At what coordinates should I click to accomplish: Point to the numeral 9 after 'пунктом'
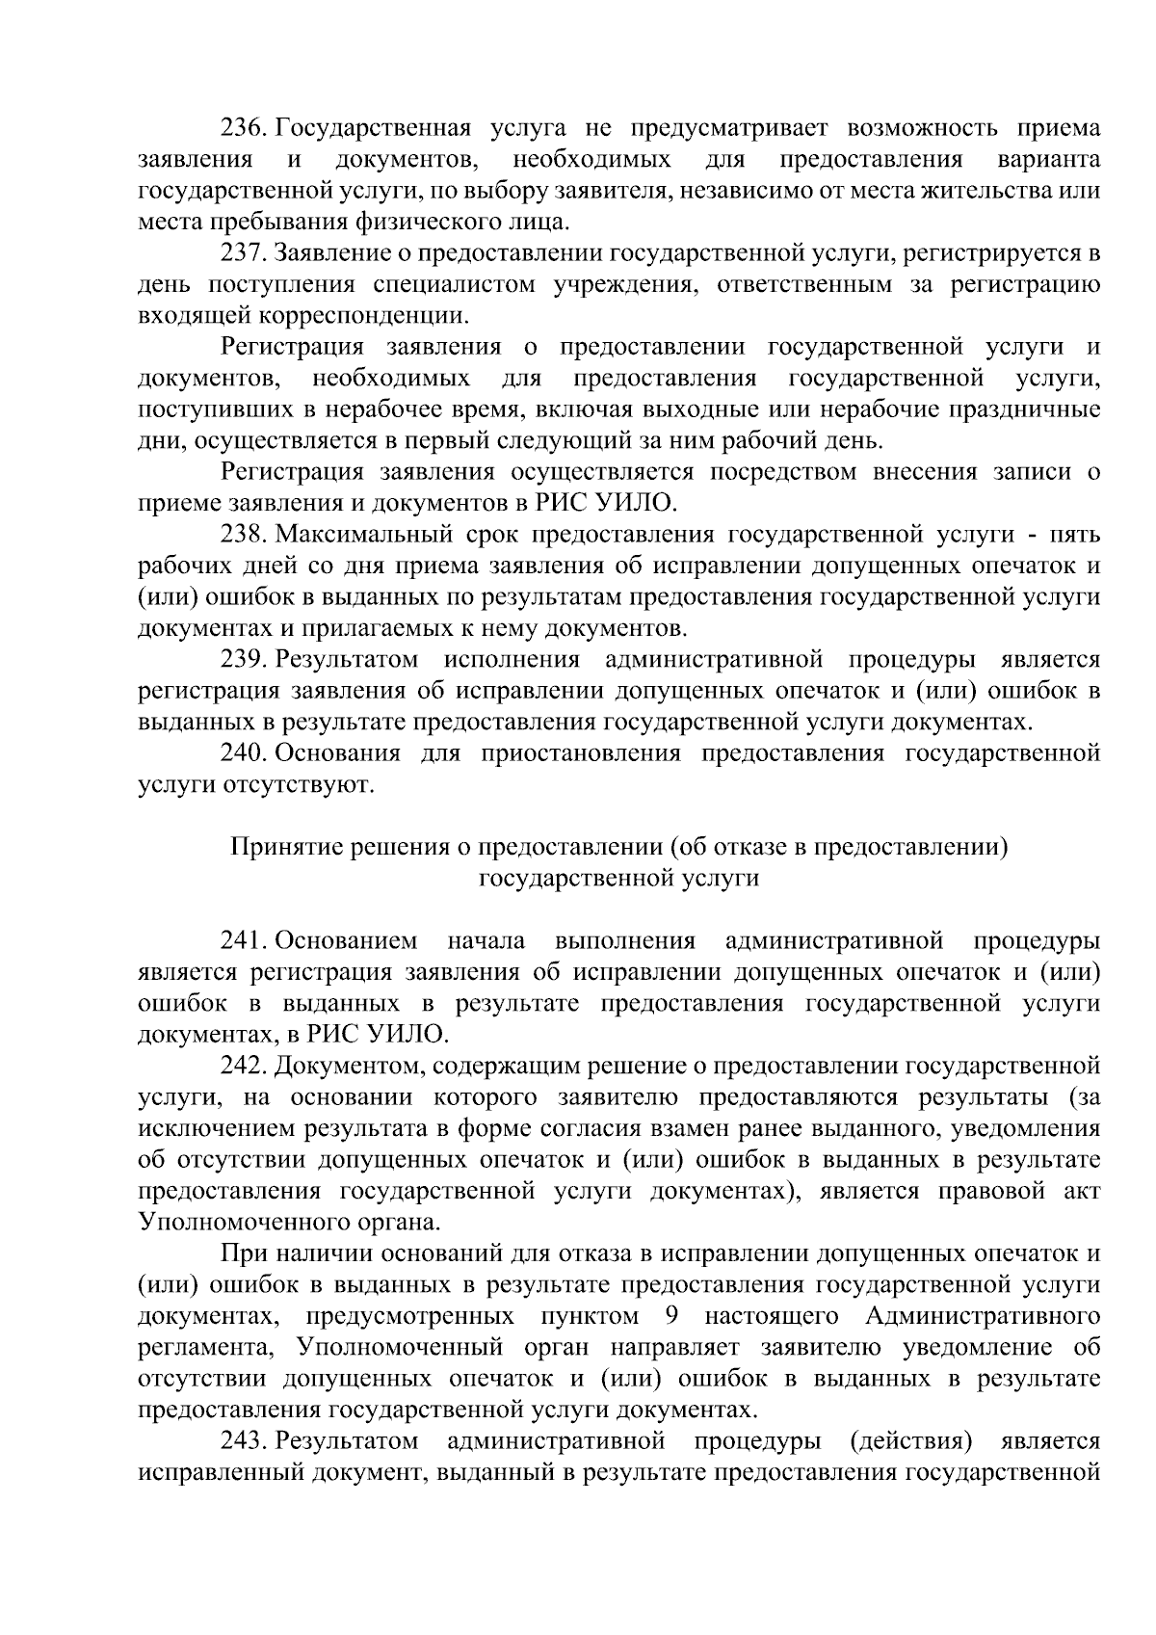(672, 1316)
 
